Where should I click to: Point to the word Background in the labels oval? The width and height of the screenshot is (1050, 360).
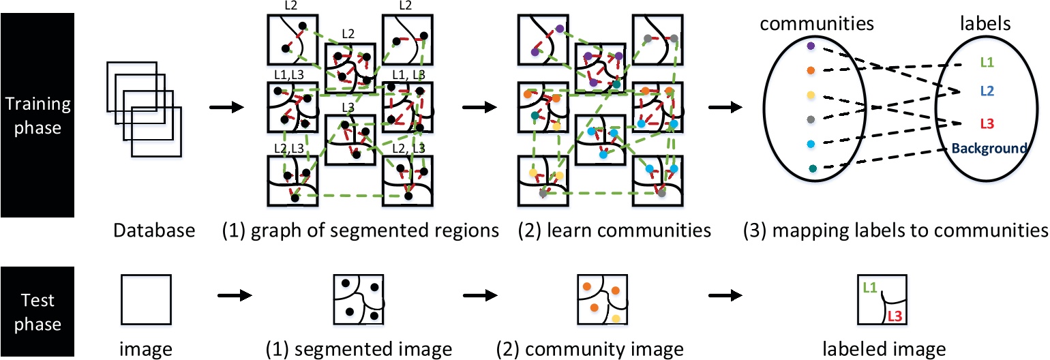(987, 148)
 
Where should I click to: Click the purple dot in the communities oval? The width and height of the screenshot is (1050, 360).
(809, 46)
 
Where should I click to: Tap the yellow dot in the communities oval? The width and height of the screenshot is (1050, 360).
(809, 94)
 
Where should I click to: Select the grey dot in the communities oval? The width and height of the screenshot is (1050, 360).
(809, 119)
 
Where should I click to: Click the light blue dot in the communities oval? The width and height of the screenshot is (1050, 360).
(809, 144)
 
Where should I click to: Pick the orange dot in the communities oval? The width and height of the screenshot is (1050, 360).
(809, 70)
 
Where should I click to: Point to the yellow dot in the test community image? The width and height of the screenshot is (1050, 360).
(616, 318)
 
